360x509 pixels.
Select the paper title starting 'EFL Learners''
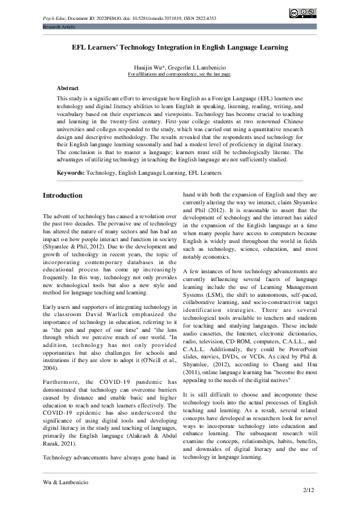tap(180, 47)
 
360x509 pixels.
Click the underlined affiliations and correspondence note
tap(180, 74)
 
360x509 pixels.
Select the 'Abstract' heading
tap(68, 88)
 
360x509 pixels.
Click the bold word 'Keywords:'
tap(71, 173)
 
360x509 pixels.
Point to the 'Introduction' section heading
tap(63, 196)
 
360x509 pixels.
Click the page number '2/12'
tap(309, 489)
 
